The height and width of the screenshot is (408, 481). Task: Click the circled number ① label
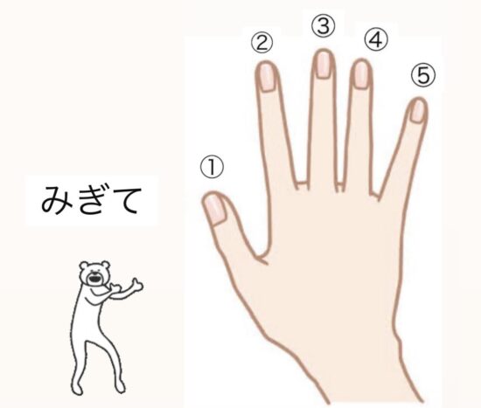(x=212, y=167)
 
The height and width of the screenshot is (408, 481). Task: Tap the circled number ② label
(x=262, y=43)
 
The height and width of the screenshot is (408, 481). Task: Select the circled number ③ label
(x=323, y=26)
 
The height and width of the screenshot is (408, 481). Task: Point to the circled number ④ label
(x=376, y=40)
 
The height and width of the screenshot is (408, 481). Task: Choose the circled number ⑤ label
(x=423, y=75)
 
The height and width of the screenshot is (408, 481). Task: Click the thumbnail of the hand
(x=215, y=210)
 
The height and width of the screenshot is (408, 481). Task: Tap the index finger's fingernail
(x=268, y=77)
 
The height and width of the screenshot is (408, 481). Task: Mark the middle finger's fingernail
(x=324, y=65)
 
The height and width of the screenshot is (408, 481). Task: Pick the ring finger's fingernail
(x=361, y=75)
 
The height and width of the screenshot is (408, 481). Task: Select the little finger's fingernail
(x=417, y=111)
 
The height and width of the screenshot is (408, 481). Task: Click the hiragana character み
(x=57, y=199)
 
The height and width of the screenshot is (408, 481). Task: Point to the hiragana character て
(x=125, y=201)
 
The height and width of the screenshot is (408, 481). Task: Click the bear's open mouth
(x=94, y=279)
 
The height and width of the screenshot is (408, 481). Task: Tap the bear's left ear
(x=84, y=265)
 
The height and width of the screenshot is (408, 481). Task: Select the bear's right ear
(x=105, y=264)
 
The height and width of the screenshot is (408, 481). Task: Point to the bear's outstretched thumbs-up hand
(x=136, y=285)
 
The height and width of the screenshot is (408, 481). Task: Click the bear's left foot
(x=77, y=390)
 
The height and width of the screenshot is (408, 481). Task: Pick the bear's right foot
(x=122, y=388)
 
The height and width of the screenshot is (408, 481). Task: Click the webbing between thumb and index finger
(x=261, y=257)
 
